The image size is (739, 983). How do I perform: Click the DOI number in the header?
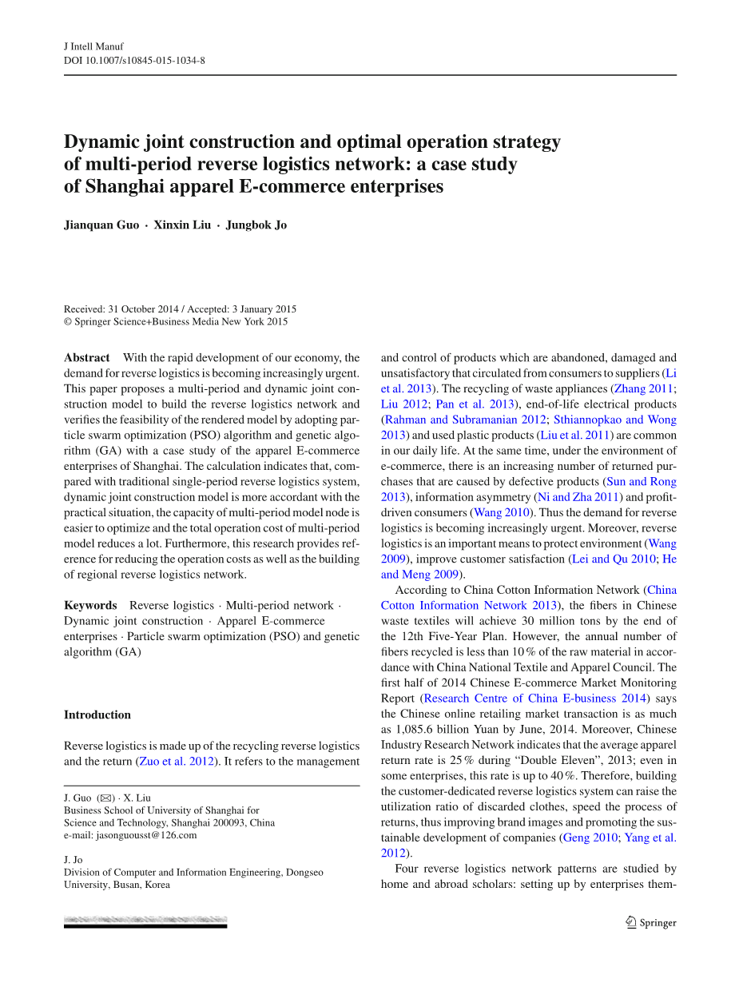click(x=152, y=60)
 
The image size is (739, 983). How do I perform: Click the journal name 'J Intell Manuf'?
click(x=93, y=46)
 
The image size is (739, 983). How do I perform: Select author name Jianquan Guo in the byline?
click(x=100, y=225)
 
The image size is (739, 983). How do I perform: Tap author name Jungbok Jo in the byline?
click(x=256, y=225)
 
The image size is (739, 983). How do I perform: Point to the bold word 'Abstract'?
click(x=87, y=358)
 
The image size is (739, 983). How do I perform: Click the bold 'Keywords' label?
click(x=90, y=606)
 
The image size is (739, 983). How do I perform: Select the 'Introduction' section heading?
click(x=97, y=714)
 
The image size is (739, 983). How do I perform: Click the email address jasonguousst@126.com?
click(x=146, y=835)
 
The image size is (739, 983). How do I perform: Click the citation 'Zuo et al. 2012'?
click(x=177, y=761)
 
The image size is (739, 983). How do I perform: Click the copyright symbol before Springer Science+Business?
click(x=68, y=322)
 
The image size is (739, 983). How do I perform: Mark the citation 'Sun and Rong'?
click(x=641, y=482)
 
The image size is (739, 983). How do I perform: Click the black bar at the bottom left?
click(x=145, y=925)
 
